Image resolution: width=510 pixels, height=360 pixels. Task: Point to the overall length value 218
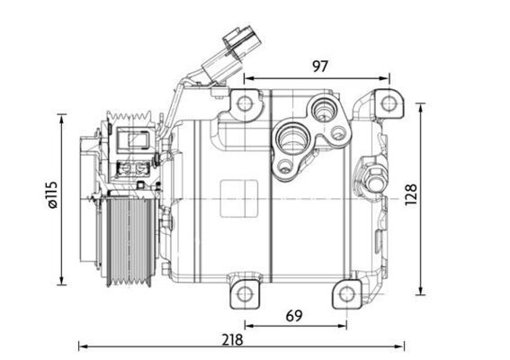(233, 340)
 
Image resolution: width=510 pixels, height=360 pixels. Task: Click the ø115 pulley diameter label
(51, 196)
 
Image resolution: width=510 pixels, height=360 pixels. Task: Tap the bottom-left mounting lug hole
(245, 292)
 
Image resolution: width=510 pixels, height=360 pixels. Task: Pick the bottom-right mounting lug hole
(345, 292)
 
